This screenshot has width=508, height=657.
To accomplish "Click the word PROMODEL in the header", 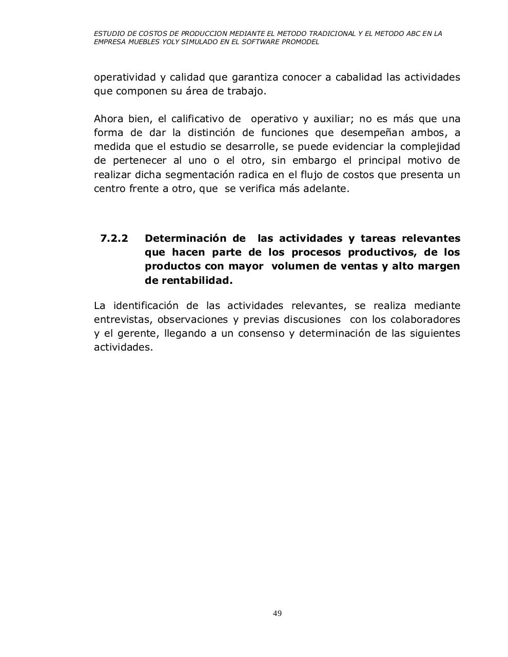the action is click(301, 42).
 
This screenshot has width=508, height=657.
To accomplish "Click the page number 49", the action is click(277, 613).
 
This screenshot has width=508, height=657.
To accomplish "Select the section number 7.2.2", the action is click(114, 238).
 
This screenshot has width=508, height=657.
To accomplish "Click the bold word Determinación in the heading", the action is click(185, 238).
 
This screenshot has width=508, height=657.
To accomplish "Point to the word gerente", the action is click(139, 334).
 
